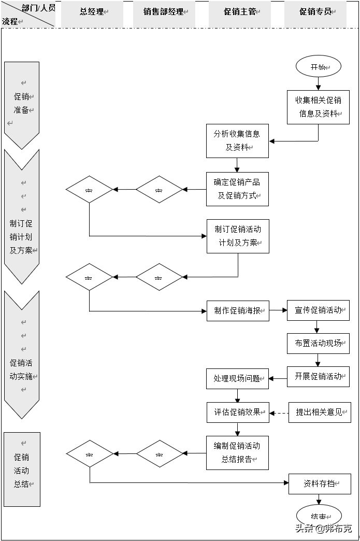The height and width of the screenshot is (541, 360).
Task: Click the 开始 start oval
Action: [318, 67]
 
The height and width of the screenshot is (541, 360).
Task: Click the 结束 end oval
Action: [319, 516]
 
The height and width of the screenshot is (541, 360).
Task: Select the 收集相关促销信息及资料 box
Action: [318, 107]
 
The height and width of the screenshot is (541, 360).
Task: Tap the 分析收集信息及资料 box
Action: [237, 140]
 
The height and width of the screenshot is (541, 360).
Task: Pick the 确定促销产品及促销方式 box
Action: [237, 189]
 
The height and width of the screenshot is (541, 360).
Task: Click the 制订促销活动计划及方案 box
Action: [238, 236]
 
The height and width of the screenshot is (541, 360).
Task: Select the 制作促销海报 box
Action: [238, 311]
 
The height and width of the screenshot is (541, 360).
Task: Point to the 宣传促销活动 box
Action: [318, 310]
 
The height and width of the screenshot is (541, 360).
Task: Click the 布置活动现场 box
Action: [318, 343]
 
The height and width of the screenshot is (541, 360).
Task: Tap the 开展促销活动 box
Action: [318, 377]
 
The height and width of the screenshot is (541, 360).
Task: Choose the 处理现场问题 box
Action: [237, 379]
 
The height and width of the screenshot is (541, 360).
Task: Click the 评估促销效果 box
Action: [238, 412]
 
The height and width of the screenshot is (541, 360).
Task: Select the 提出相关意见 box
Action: [319, 412]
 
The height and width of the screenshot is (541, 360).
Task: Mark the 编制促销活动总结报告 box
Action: [237, 452]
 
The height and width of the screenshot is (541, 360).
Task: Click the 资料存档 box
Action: [319, 483]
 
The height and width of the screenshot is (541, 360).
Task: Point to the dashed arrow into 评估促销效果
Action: [279, 413]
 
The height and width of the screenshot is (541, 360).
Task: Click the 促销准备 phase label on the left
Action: [22, 104]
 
